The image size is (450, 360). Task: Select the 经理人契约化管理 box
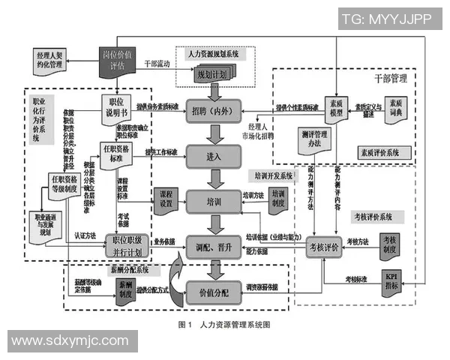point(56,61)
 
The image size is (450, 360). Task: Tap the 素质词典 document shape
point(398,107)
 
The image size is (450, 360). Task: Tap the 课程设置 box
point(166,199)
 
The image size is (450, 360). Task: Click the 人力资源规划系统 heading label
point(214,54)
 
